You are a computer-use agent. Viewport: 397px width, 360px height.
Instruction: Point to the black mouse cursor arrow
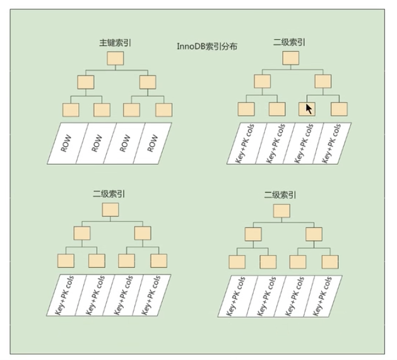click(309, 109)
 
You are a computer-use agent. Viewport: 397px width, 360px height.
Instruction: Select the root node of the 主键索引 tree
click(116, 59)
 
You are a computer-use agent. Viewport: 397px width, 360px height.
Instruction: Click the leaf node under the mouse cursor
click(307, 109)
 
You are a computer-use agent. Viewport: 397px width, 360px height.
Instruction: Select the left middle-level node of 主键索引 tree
click(85, 81)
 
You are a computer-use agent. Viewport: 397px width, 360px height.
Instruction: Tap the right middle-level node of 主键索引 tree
click(148, 81)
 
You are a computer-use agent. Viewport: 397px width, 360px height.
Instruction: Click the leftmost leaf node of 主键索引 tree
click(70, 110)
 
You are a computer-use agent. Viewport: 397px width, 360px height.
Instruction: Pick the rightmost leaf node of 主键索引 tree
click(163, 110)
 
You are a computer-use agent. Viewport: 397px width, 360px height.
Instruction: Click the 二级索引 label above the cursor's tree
click(289, 42)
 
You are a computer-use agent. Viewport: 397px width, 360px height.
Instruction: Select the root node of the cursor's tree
click(290, 58)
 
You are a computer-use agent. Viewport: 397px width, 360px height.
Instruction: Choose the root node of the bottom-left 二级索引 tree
click(110, 210)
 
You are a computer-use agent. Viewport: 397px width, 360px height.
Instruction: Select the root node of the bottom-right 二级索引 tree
click(282, 211)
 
